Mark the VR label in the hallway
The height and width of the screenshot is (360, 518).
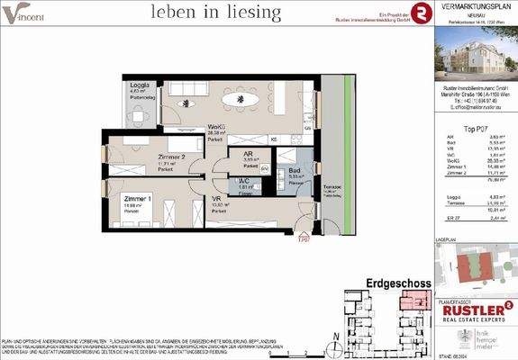coord(216,199)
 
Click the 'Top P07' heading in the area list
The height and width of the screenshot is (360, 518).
coord(476,128)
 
